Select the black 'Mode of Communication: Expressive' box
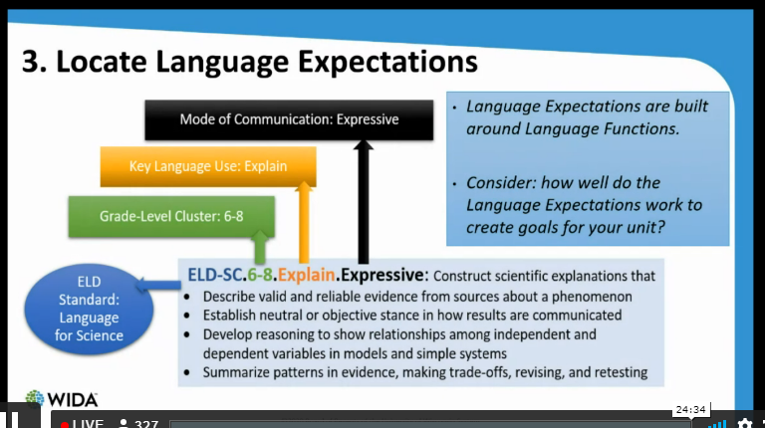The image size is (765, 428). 289,119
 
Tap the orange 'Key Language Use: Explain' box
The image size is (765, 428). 208,166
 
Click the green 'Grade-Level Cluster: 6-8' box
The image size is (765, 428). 170,215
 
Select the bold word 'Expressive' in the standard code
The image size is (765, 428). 382,274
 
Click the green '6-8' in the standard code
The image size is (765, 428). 261,274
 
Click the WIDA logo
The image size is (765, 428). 62,398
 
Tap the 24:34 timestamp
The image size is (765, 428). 689,409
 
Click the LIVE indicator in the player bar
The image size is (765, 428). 82,423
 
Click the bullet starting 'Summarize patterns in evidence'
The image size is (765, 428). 424,372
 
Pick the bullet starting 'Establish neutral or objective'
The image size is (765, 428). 411,315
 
